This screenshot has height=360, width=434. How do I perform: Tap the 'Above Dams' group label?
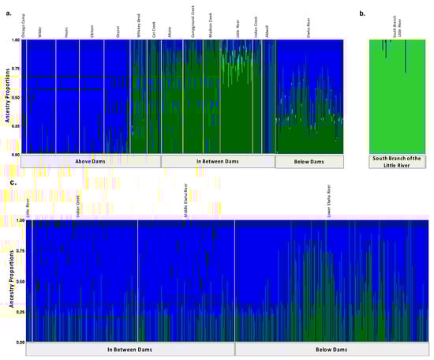[x=92, y=162]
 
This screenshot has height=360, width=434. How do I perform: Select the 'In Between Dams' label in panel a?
[x=217, y=162]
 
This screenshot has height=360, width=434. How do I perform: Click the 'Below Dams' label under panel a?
[x=309, y=162]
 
